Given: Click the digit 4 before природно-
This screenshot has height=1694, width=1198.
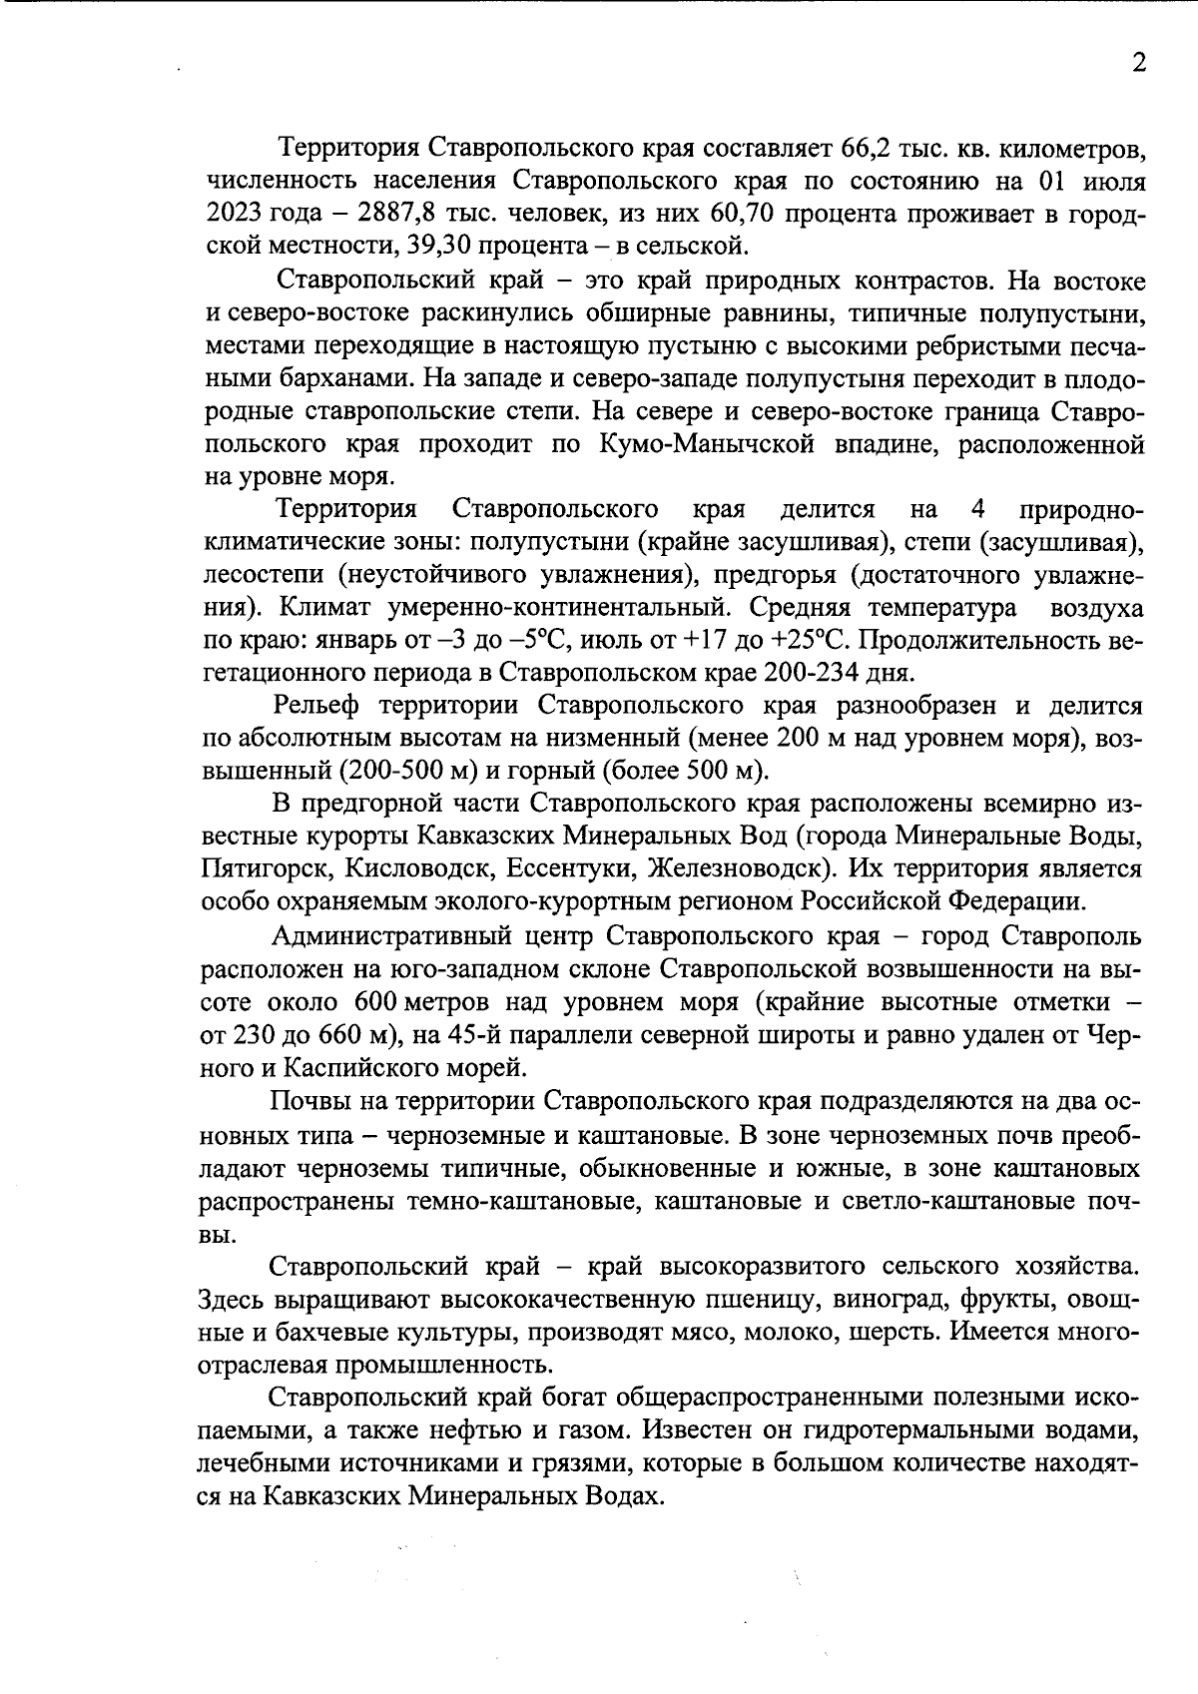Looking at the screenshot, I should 977,509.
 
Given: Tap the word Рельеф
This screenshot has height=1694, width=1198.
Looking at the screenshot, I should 317,706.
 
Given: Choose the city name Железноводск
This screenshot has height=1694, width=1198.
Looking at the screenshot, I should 740,868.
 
